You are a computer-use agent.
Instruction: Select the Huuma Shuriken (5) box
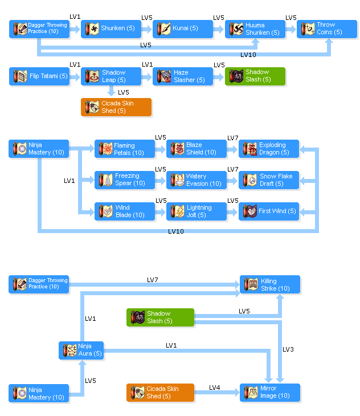pyautogui.click(x=255, y=29)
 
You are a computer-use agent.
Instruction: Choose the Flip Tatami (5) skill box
pyautogui.click(x=39, y=76)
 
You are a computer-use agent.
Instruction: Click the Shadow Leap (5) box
pyautogui.click(x=111, y=76)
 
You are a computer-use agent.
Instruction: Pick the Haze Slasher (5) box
pyautogui.click(x=183, y=76)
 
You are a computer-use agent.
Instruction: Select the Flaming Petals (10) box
pyautogui.click(x=124, y=149)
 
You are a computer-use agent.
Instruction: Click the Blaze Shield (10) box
pyautogui.click(x=196, y=149)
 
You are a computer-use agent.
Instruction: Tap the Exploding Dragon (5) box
pyautogui.click(x=268, y=149)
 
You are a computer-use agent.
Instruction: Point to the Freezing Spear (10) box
pyautogui.click(x=124, y=180)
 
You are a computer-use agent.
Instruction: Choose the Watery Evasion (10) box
pyautogui.click(x=196, y=180)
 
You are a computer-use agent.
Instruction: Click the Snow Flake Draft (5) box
pyautogui.click(x=268, y=180)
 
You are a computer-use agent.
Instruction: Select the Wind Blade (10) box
pyautogui.click(x=124, y=211)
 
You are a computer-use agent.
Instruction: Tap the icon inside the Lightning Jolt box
pyautogui.click(x=178, y=211)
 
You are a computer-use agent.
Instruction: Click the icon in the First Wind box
pyautogui.click(x=250, y=211)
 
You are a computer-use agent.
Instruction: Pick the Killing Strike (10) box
pyautogui.click(x=269, y=284)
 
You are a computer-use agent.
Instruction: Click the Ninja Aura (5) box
pyautogui.click(x=81, y=350)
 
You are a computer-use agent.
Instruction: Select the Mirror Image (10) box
pyautogui.click(x=269, y=392)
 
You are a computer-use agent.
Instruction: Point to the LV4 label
pyautogui.click(x=214, y=388)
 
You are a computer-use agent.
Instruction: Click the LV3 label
pyautogui.click(x=288, y=349)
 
